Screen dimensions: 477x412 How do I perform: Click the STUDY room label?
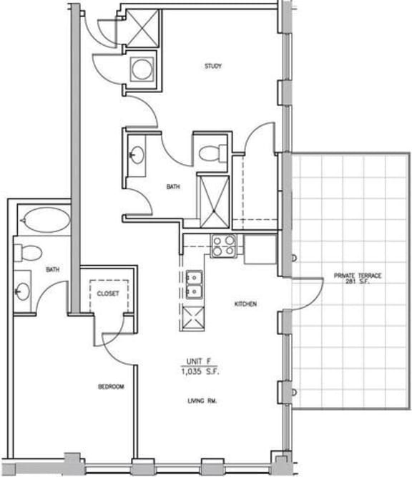pyautogui.click(x=212, y=67)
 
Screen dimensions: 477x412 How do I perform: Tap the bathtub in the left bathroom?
pyautogui.click(x=44, y=218)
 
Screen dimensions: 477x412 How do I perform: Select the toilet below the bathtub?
pyautogui.click(x=29, y=252)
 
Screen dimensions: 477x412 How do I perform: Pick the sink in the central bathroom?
pyautogui.click(x=136, y=152)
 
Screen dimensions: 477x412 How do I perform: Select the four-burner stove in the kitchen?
pyautogui.click(x=223, y=246)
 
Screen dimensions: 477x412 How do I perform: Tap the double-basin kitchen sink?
pyautogui.click(x=193, y=284)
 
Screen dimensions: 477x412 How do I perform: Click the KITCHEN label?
pyautogui.click(x=245, y=304)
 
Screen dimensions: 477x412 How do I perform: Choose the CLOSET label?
pyautogui.click(x=108, y=294)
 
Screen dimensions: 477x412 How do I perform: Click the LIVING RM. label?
pyautogui.click(x=202, y=401)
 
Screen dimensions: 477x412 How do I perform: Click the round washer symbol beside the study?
pyautogui.click(x=140, y=69)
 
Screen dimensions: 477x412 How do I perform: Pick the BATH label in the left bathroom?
pyautogui.click(x=52, y=270)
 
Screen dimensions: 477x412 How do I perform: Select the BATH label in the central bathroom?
pyautogui.click(x=173, y=187)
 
